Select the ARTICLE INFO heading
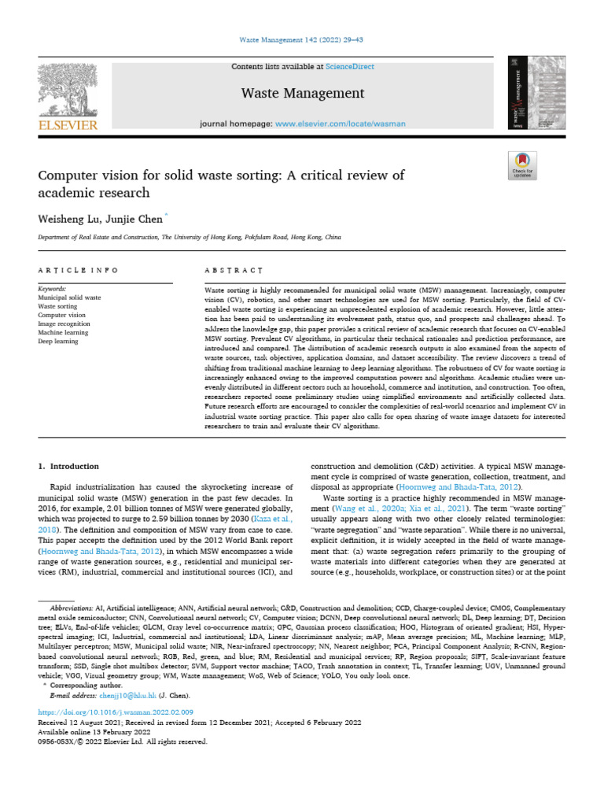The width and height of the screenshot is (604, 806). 78,270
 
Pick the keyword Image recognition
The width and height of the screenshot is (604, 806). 65,323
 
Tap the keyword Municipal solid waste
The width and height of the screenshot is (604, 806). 69,298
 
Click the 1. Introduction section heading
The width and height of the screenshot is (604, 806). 68,466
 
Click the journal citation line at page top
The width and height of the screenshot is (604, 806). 302,39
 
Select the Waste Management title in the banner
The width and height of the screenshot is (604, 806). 302,94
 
